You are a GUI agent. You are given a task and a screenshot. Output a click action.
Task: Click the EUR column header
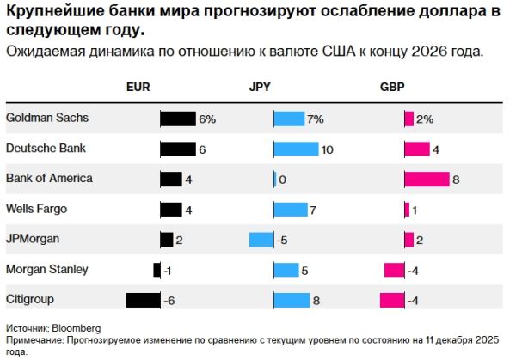[138, 88]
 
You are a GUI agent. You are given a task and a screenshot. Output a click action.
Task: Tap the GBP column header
[392, 88]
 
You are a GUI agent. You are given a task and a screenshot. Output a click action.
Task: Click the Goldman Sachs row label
[46, 118]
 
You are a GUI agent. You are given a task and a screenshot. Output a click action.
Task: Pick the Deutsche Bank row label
[46, 148]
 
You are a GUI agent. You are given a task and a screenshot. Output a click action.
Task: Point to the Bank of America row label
[49, 178]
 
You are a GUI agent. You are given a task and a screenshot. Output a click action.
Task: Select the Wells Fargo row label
[36, 208]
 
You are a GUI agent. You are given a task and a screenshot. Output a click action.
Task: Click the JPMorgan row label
[32, 238]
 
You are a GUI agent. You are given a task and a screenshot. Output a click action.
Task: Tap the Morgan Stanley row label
[47, 269]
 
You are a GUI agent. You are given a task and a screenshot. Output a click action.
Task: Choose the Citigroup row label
[30, 299]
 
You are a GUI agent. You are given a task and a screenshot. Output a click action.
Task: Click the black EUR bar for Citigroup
[144, 300]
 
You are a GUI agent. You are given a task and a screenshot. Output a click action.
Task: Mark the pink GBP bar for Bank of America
[427, 179]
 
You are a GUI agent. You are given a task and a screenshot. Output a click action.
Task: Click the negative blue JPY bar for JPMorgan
[261, 240]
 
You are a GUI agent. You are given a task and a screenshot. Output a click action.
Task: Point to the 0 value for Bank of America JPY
[282, 180]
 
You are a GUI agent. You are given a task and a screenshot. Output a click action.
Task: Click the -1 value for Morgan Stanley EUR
[168, 271]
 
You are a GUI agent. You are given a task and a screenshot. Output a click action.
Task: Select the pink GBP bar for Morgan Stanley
[394, 270]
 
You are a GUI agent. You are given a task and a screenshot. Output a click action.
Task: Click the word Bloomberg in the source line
[77, 328]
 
